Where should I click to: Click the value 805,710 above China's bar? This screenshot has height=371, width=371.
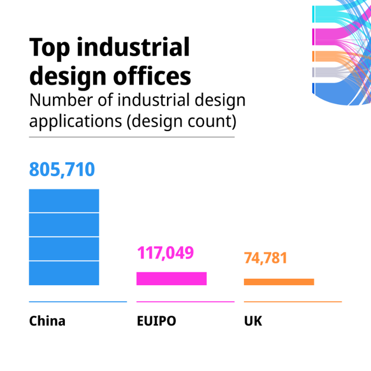point(62,170)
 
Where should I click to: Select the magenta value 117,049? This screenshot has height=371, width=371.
point(165,253)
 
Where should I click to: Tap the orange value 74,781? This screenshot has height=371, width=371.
point(265,258)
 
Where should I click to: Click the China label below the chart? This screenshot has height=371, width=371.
point(47,321)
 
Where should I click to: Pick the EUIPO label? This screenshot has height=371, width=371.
point(156,321)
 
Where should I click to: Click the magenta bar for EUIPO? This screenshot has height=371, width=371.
point(171,278)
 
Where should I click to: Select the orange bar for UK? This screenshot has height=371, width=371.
point(279,282)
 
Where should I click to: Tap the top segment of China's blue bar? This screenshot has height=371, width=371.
point(64,200)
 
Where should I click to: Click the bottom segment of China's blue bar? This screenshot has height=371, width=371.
point(64,273)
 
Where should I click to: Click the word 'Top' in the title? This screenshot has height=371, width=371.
point(50,48)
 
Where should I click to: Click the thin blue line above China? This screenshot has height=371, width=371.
point(77,302)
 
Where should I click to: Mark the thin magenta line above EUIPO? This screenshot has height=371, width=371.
point(185,302)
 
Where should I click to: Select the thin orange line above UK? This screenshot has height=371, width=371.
point(292,302)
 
